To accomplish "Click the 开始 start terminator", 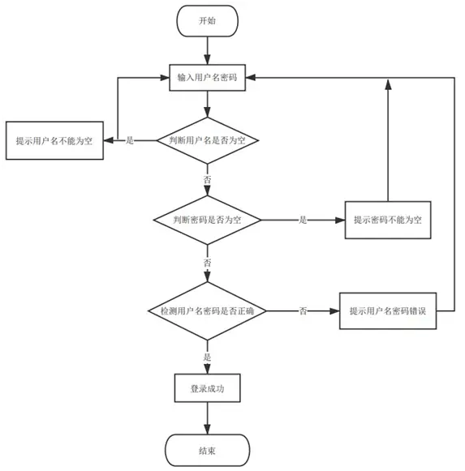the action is coord(207,21).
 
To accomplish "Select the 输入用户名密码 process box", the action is coord(207,78).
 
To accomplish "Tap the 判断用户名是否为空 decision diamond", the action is coord(207,140).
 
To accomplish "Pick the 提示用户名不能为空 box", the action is coord(54,140).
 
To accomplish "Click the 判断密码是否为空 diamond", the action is coord(207,221).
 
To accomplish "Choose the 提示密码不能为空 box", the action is coord(388,221).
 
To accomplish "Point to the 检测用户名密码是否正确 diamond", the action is coord(207,311).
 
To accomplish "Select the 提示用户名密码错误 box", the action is coord(388,311).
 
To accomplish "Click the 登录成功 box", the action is coord(207,388).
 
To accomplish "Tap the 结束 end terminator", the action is coord(207,450).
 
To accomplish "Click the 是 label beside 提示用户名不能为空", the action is coord(130,140).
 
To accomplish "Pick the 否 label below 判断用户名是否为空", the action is coord(207,180).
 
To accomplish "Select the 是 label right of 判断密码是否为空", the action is coord(303,221).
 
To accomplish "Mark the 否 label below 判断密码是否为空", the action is coord(207,263).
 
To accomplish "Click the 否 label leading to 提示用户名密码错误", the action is coord(303,311).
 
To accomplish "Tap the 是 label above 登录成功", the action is coord(207,358).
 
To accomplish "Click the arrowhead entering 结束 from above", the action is coord(207,430).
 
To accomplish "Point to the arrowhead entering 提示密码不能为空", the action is coord(340,221).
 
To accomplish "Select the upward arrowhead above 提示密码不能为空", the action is coord(388,84).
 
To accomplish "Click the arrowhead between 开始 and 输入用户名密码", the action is coord(207,59).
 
